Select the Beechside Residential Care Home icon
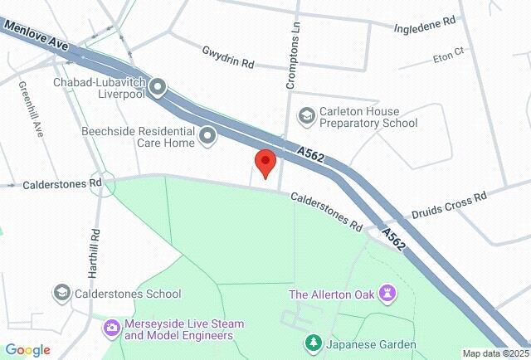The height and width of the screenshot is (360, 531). click(x=207, y=135)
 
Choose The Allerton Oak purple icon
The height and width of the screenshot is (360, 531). click(x=387, y=294)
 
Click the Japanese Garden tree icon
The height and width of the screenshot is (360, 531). click(x=313, y=343)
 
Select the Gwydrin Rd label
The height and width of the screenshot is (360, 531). click(x=227, y=57)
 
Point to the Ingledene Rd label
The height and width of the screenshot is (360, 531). click(x=426, y=22)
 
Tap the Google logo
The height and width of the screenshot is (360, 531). click(x=27, y=350)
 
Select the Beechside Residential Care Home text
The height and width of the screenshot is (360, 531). click(x=138, y=136)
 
